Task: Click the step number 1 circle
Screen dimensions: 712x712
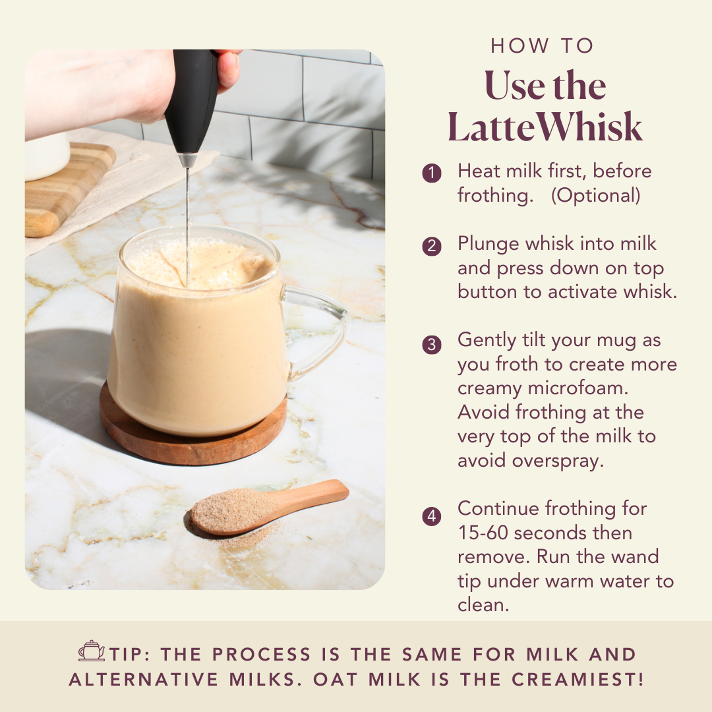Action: [431, 174]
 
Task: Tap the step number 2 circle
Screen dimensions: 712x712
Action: [431, 247]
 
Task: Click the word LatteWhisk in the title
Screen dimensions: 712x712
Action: [545, 127]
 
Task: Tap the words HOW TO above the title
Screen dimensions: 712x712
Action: [542, 46]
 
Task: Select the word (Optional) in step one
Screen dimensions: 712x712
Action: [595, 196]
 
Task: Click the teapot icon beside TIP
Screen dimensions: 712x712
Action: [91, 651]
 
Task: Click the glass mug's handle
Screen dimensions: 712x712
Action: [323, 330]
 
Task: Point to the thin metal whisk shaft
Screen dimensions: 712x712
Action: [188, 218]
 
